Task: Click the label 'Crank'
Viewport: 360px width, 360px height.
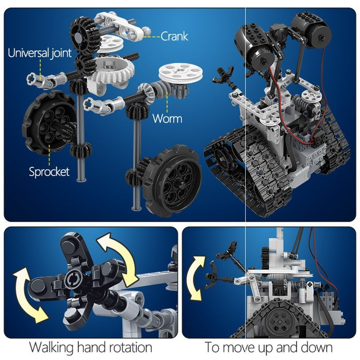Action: pos(174,36)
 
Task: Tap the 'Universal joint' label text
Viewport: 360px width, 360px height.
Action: pos(39,54)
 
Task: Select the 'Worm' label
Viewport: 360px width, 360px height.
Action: pos(167,118)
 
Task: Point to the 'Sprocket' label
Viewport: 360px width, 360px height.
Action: pos(49,172)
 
